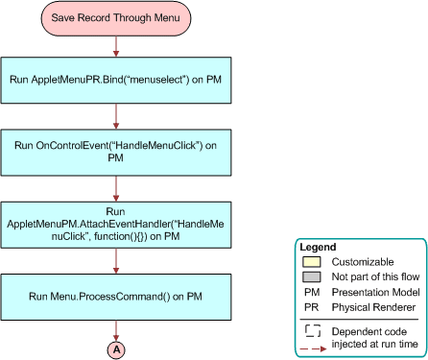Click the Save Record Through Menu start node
point(116,17)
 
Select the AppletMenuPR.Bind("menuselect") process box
point(116,77)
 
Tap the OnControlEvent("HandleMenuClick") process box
point(116,151)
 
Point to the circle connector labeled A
point(116,350)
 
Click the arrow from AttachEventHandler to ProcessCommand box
point(116,260)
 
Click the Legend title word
point(319,247)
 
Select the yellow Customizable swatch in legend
point(312,261)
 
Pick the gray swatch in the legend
point(312,276)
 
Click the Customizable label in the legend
point(364,261)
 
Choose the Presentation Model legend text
point(377,292)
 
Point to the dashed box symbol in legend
point(312,328)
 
